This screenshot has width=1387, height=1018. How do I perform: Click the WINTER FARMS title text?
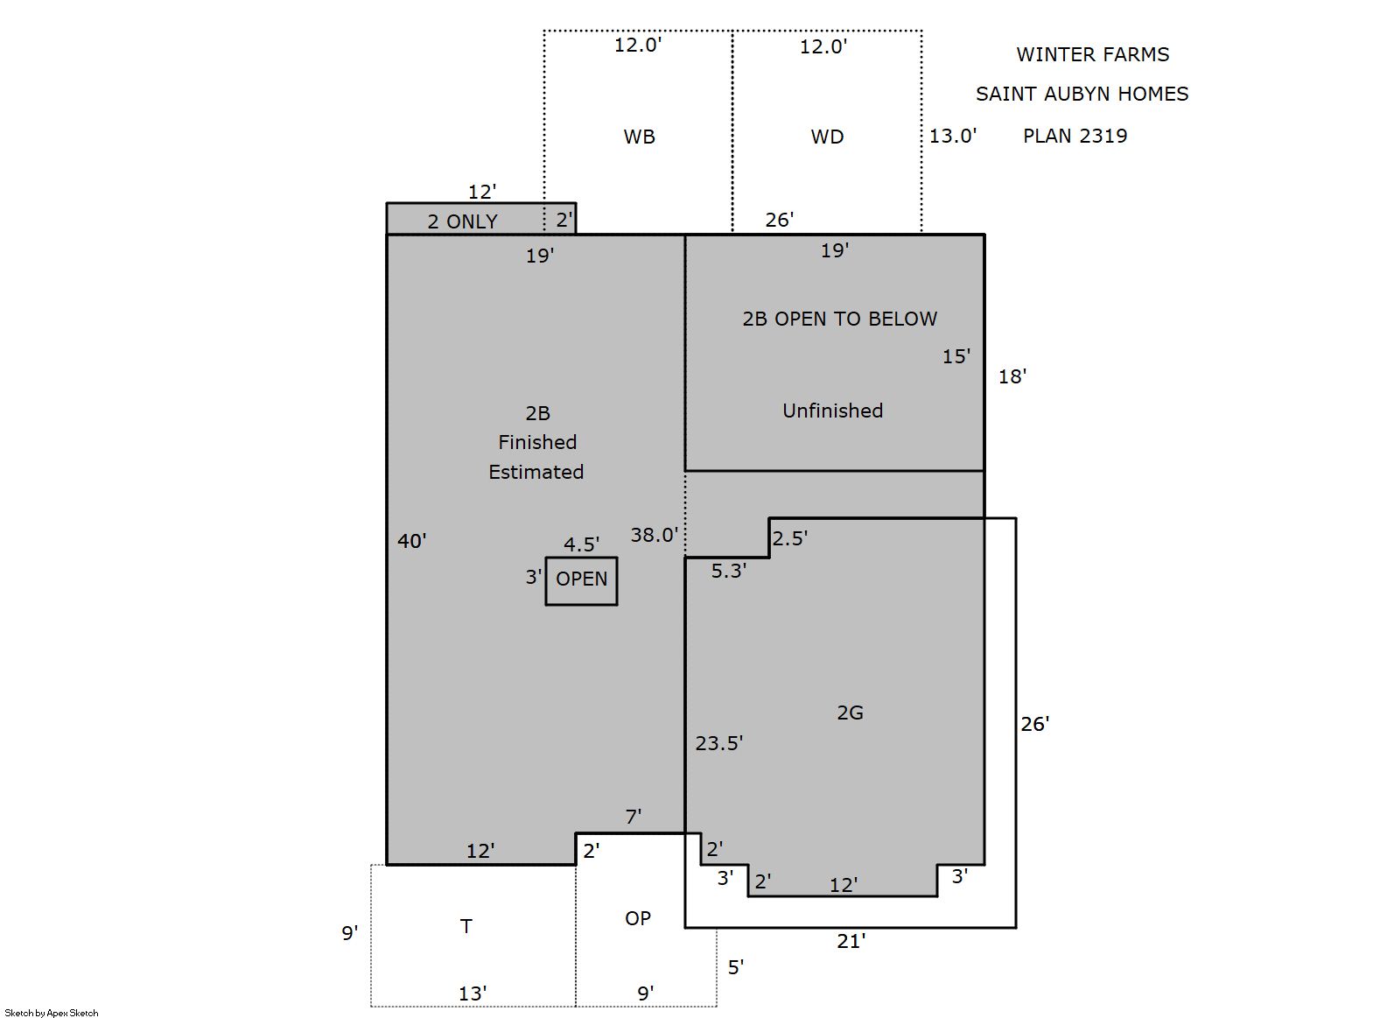pyautogui.click(x=1092, y=54)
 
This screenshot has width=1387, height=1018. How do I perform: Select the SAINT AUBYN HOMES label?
pyautogui.click(x=1082, y=95)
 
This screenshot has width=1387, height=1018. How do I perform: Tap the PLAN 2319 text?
pyautogui.click(x=1075, y=136)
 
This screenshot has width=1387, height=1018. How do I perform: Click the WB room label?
pyautogui.click(x=639, y=137)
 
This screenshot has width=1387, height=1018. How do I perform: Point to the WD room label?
pyautogui.click(x=827, y=137)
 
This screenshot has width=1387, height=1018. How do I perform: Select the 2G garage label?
pyautogui.click(x=851, y=713)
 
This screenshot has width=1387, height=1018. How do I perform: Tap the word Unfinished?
pyautogui.click(x=833, y=411)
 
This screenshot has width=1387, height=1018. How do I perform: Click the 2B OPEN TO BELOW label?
pyautogui.click(x=839, y=319)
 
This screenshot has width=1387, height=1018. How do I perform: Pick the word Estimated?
pyautogui.click(x=536, y=472)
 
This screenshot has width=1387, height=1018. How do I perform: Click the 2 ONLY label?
pyautogui.click(x=463, y=221)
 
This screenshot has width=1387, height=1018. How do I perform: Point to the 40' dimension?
pyautogui.click(x=412, y=541)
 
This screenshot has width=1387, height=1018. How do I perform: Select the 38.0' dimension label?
pyautogui.click(x=655, y=535)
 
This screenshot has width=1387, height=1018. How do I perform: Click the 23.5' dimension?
pyautogui.click(x=719, y=743)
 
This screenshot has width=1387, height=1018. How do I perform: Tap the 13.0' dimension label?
pyautogui.click(x=953, y=136)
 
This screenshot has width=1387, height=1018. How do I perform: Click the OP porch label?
pyautogui.click(x=638, y=918)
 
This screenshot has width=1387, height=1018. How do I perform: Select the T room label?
pyautogui.click(x=466, y=926)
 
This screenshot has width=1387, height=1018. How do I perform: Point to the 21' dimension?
pyautogui.click(x=851, y=941)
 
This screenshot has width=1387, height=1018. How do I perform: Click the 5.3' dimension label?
pyautogui.click(x=729, y=571)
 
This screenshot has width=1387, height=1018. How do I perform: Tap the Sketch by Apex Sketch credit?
pyautogui.click(x=52, y=1013)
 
